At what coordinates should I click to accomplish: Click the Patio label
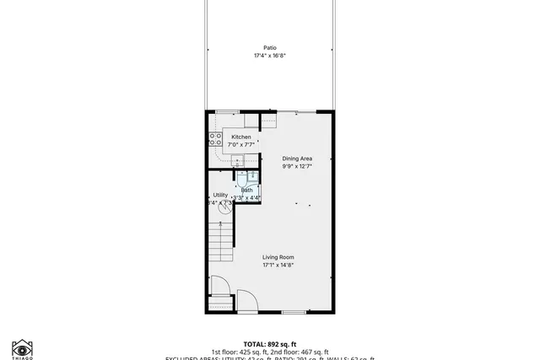click(269, 48)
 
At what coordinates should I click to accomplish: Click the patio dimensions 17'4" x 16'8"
click(269, 56)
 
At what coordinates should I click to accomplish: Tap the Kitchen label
click(241, 137)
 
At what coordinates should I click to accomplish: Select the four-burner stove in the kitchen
click(216, 139)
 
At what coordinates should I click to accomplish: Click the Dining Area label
click(296, 159)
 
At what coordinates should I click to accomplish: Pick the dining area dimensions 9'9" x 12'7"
click(296, 166)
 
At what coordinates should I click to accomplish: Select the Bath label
click(246, 190)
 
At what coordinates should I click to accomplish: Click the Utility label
click(220, 195)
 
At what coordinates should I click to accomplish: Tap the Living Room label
click(278, 257)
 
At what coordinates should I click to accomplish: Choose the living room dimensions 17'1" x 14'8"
click(278, 265)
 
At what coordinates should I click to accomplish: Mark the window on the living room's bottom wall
click(293, 312)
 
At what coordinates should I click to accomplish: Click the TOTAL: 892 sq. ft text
click(269, 344)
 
